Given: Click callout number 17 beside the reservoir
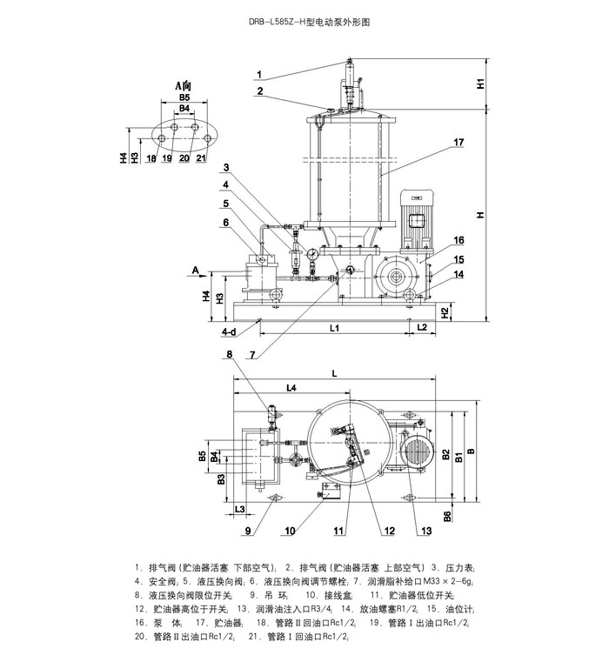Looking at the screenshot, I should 458,141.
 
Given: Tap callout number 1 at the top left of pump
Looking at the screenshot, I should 259,73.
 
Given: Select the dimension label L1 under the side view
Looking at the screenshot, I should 334,327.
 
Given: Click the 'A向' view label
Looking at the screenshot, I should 183,86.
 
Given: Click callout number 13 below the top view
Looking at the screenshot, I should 425,531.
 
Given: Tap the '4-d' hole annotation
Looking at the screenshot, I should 229,331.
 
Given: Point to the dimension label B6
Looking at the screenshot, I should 447,516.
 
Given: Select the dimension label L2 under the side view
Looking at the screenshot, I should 422,327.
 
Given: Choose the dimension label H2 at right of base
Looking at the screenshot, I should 445,311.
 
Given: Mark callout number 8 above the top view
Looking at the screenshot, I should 230,354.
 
